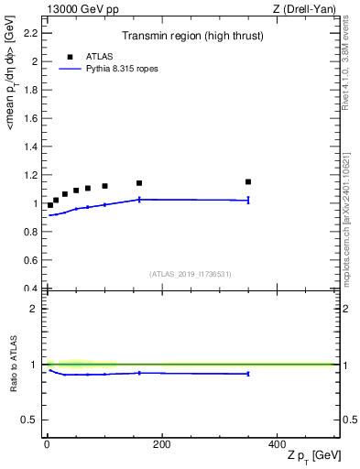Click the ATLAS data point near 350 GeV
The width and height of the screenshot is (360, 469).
[x=248, y=181]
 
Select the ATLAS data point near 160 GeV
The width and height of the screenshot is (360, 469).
[x=139, y=183]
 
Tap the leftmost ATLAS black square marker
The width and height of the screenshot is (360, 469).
[x=49, y=205]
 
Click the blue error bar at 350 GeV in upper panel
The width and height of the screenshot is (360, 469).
[x=248, y=200]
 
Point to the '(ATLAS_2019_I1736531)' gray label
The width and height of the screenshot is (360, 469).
[x=191, y=273]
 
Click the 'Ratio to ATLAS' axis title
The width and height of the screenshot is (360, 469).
[x=15, y=364]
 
